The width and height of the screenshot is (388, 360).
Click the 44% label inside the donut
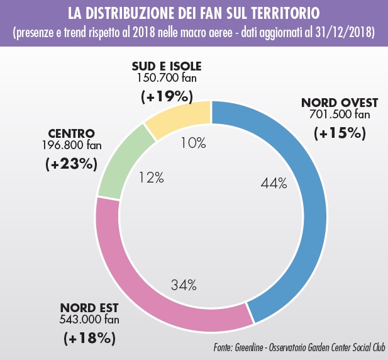click(x=274, y=183)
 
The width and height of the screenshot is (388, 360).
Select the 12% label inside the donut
click(x=151, y=178)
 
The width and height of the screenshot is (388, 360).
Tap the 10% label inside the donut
click(x=193, y=143)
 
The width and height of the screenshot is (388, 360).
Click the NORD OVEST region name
click(x=339, y=103)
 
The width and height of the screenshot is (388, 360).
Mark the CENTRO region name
click(x=71, y=134)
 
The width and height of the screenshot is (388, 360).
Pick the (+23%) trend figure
click(x=71, y=164)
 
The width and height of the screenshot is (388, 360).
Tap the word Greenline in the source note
click(x=250, y=347)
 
